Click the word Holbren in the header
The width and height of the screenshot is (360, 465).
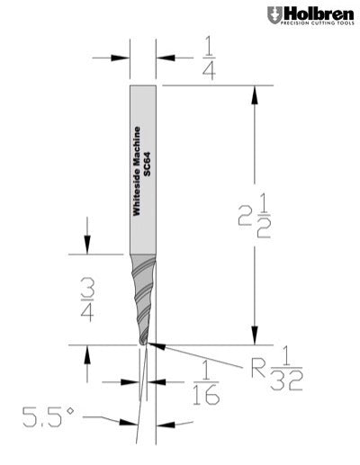click(313, 13)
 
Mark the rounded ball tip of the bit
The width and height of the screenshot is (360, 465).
click(145, 341)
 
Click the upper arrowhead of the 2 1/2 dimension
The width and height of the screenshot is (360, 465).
click(256, 91)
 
